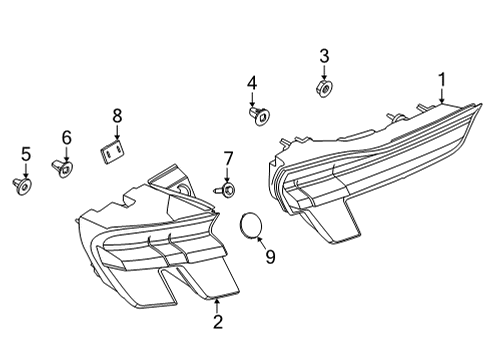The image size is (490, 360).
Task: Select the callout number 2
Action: coord(217,321)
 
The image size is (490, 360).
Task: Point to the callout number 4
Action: coord(252,82)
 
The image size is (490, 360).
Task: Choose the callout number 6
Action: coord(67,137)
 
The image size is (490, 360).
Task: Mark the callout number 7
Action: coord(227,157)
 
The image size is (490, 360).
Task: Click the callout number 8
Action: coord(116,116)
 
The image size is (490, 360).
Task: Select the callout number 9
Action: coord(269,257)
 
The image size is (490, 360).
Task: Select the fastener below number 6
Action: coord(66,170)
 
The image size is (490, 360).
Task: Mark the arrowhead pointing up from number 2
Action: coord(217,298)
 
